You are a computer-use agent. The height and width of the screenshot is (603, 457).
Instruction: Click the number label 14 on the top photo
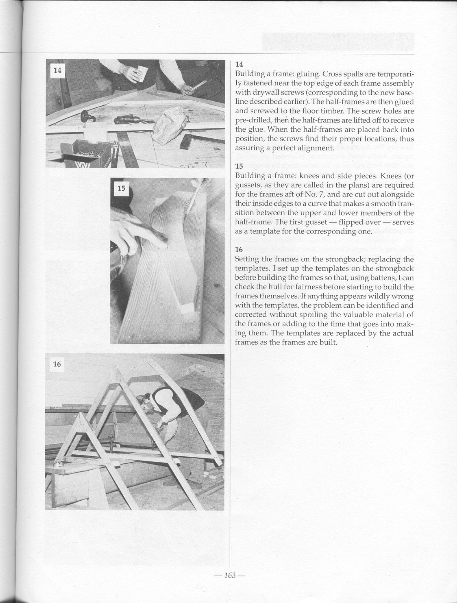[57, 70]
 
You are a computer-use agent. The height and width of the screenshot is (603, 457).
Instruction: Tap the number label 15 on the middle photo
[121, 188]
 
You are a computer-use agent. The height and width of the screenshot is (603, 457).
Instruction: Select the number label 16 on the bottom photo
[57, 364]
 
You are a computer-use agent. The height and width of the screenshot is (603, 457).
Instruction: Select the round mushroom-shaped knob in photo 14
[85, 117]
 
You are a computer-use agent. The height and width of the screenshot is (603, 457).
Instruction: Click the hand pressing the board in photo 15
[139, 229]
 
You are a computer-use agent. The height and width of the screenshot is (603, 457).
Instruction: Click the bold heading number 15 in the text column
[239, 166]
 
